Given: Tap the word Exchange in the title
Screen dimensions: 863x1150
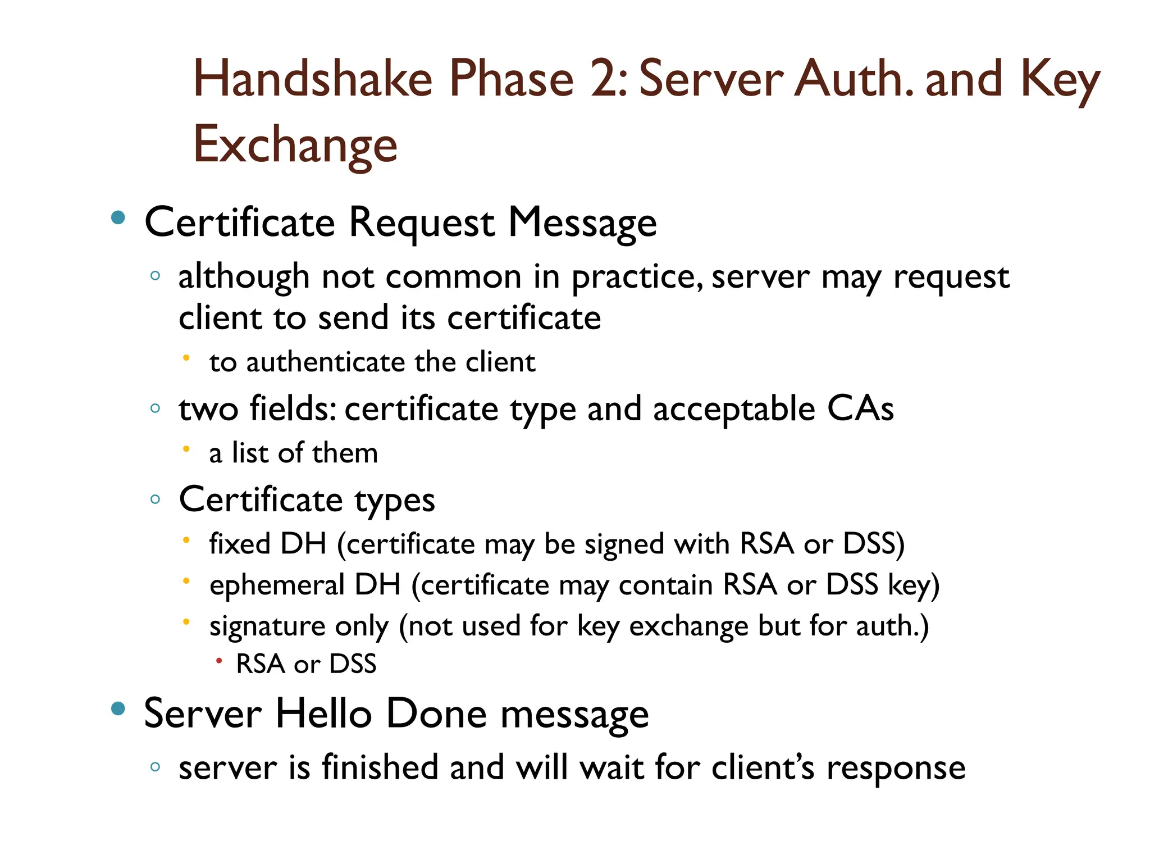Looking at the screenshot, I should pos(295,145).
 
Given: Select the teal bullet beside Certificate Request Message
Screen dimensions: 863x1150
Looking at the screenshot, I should pos(118,217).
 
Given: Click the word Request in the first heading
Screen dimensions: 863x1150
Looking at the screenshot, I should pos(422,222).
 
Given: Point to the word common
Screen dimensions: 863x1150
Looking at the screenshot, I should pos(454,277).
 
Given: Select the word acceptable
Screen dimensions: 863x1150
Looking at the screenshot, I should pos(734,408).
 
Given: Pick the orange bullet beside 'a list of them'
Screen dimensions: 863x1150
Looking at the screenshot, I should pos(186,448).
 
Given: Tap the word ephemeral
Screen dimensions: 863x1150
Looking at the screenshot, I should pos(277,585).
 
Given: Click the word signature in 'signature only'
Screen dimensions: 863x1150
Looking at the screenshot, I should pos(267,626).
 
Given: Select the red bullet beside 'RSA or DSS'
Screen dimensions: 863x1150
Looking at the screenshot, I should pos(219,661).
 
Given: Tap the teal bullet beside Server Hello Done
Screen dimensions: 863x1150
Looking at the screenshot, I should pos(118,709).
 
